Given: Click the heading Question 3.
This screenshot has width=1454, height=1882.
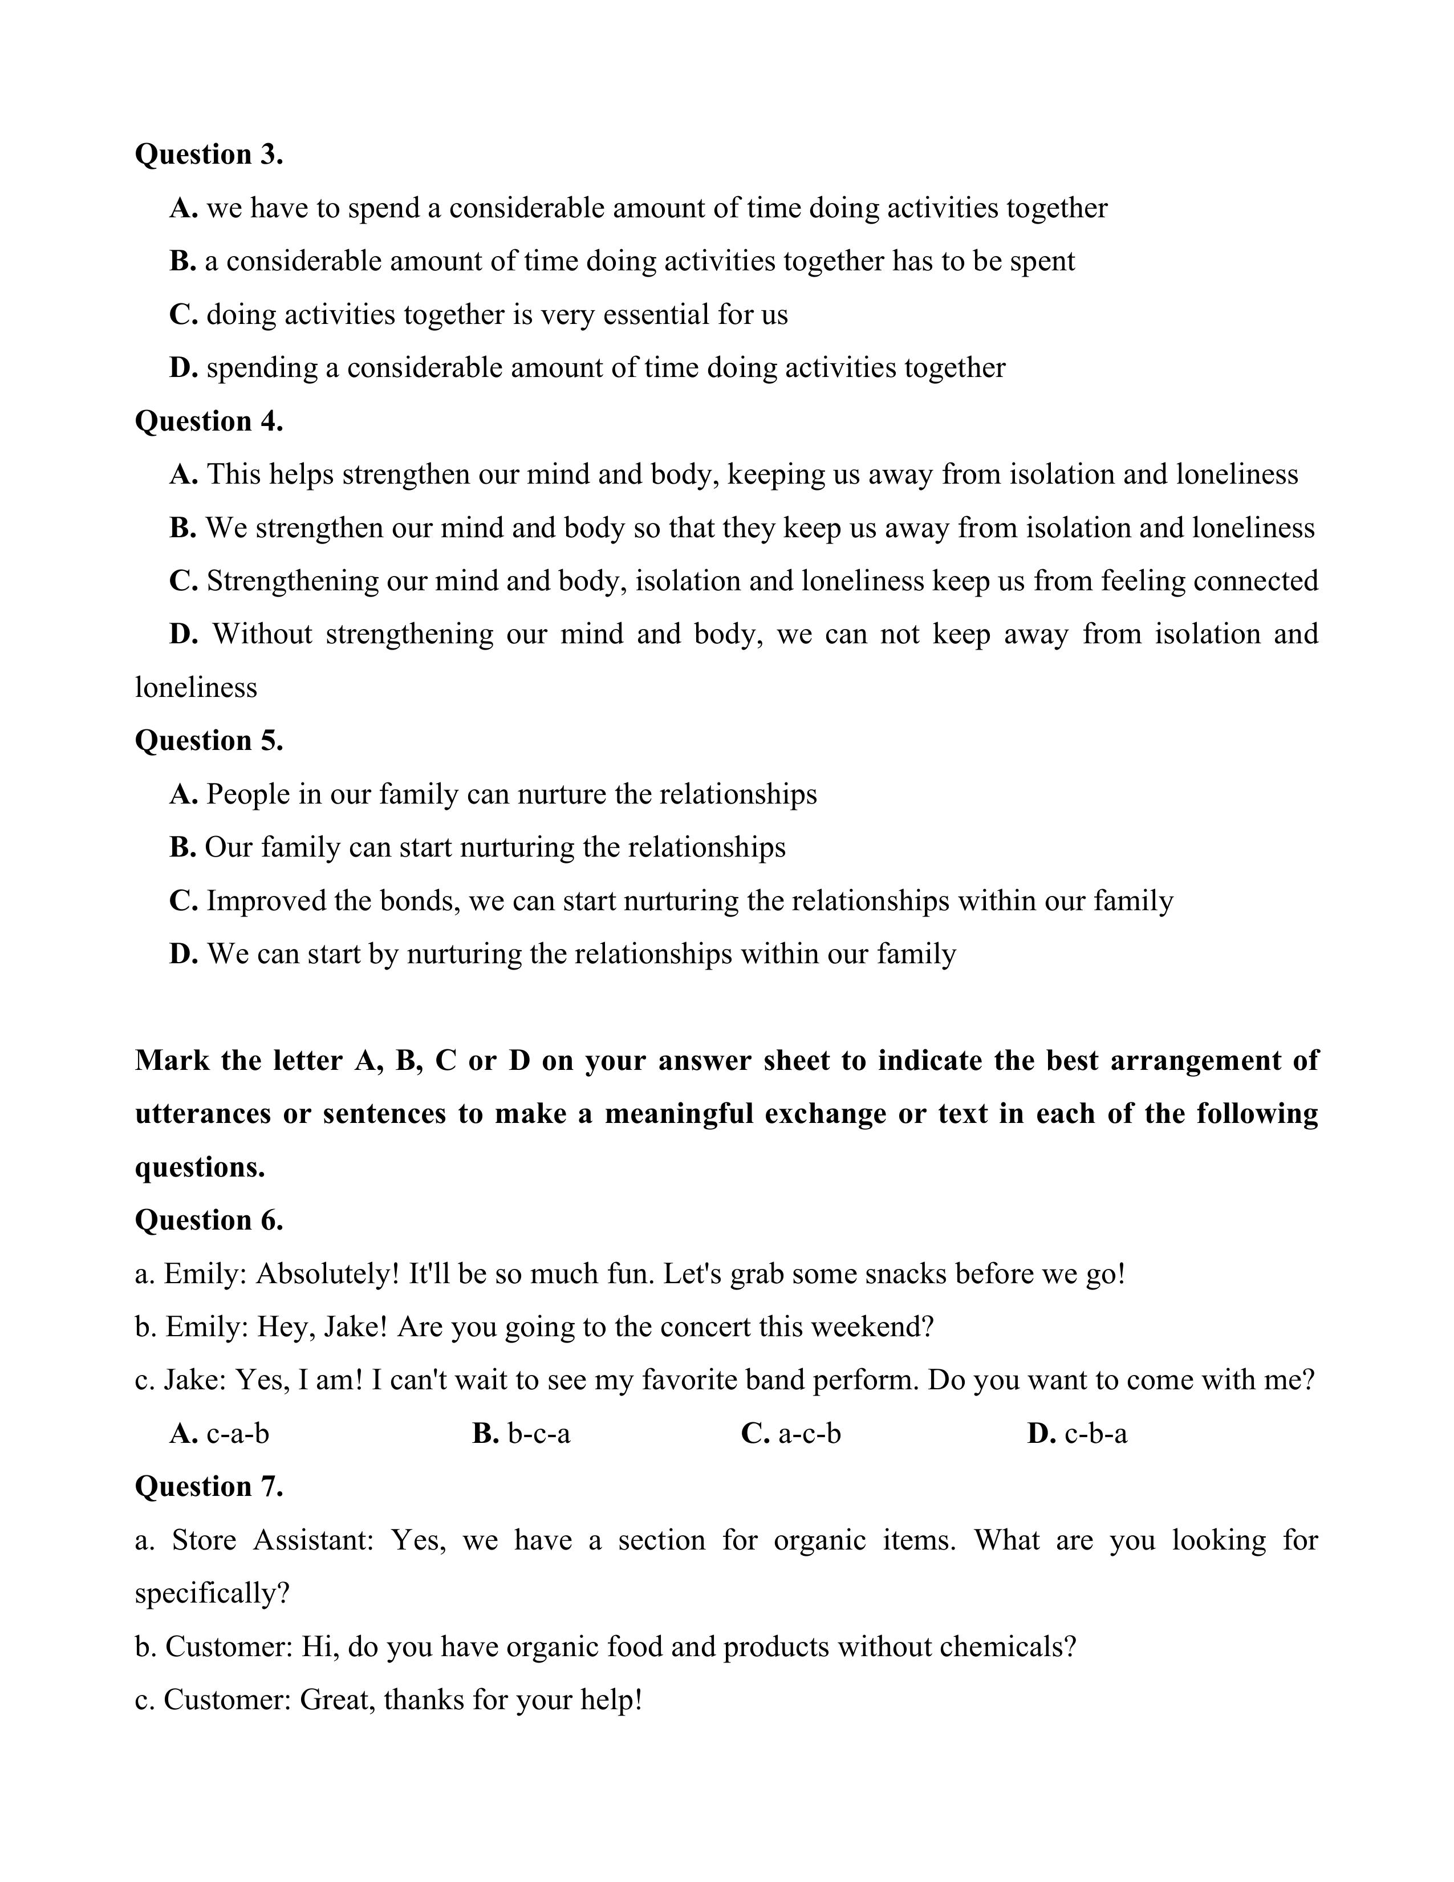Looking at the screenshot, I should (x=209, y=155).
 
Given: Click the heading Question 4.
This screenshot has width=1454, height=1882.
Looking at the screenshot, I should (x=209, y=421).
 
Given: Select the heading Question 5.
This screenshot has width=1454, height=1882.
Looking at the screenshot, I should (x=209, y=741).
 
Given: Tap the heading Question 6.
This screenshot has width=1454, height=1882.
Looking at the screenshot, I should (x=209, y=1220).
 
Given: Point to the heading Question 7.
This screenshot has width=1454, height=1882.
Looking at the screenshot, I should (x=209, y=1486).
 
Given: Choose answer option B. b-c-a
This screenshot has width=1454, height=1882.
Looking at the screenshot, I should (x=521, y=1433).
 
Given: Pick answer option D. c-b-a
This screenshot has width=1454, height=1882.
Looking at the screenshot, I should (x=1077, y=1433).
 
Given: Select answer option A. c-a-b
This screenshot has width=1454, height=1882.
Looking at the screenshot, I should (x=220, y=1433).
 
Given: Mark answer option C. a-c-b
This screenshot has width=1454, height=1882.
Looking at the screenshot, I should (x=791, y=1433).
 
